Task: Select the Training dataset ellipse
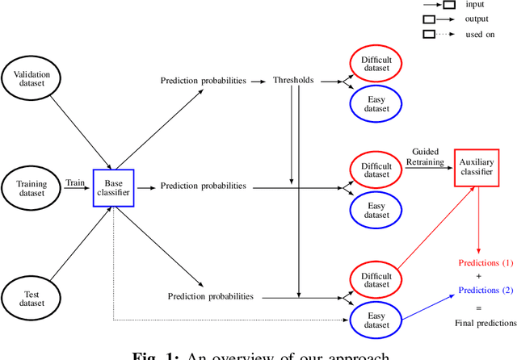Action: click(32, 188)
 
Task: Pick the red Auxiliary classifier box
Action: click(476, 167)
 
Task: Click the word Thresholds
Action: click(292, 81)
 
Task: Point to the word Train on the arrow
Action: click(76, 182)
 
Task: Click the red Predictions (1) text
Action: click(485, 264)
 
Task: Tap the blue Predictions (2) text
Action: click(485, 290)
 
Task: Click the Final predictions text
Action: click(485, 323)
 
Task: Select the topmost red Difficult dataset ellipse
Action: click(376, 63)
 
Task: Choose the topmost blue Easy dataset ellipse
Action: click(376, 102)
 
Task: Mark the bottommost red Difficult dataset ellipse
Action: click(376, 280)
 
